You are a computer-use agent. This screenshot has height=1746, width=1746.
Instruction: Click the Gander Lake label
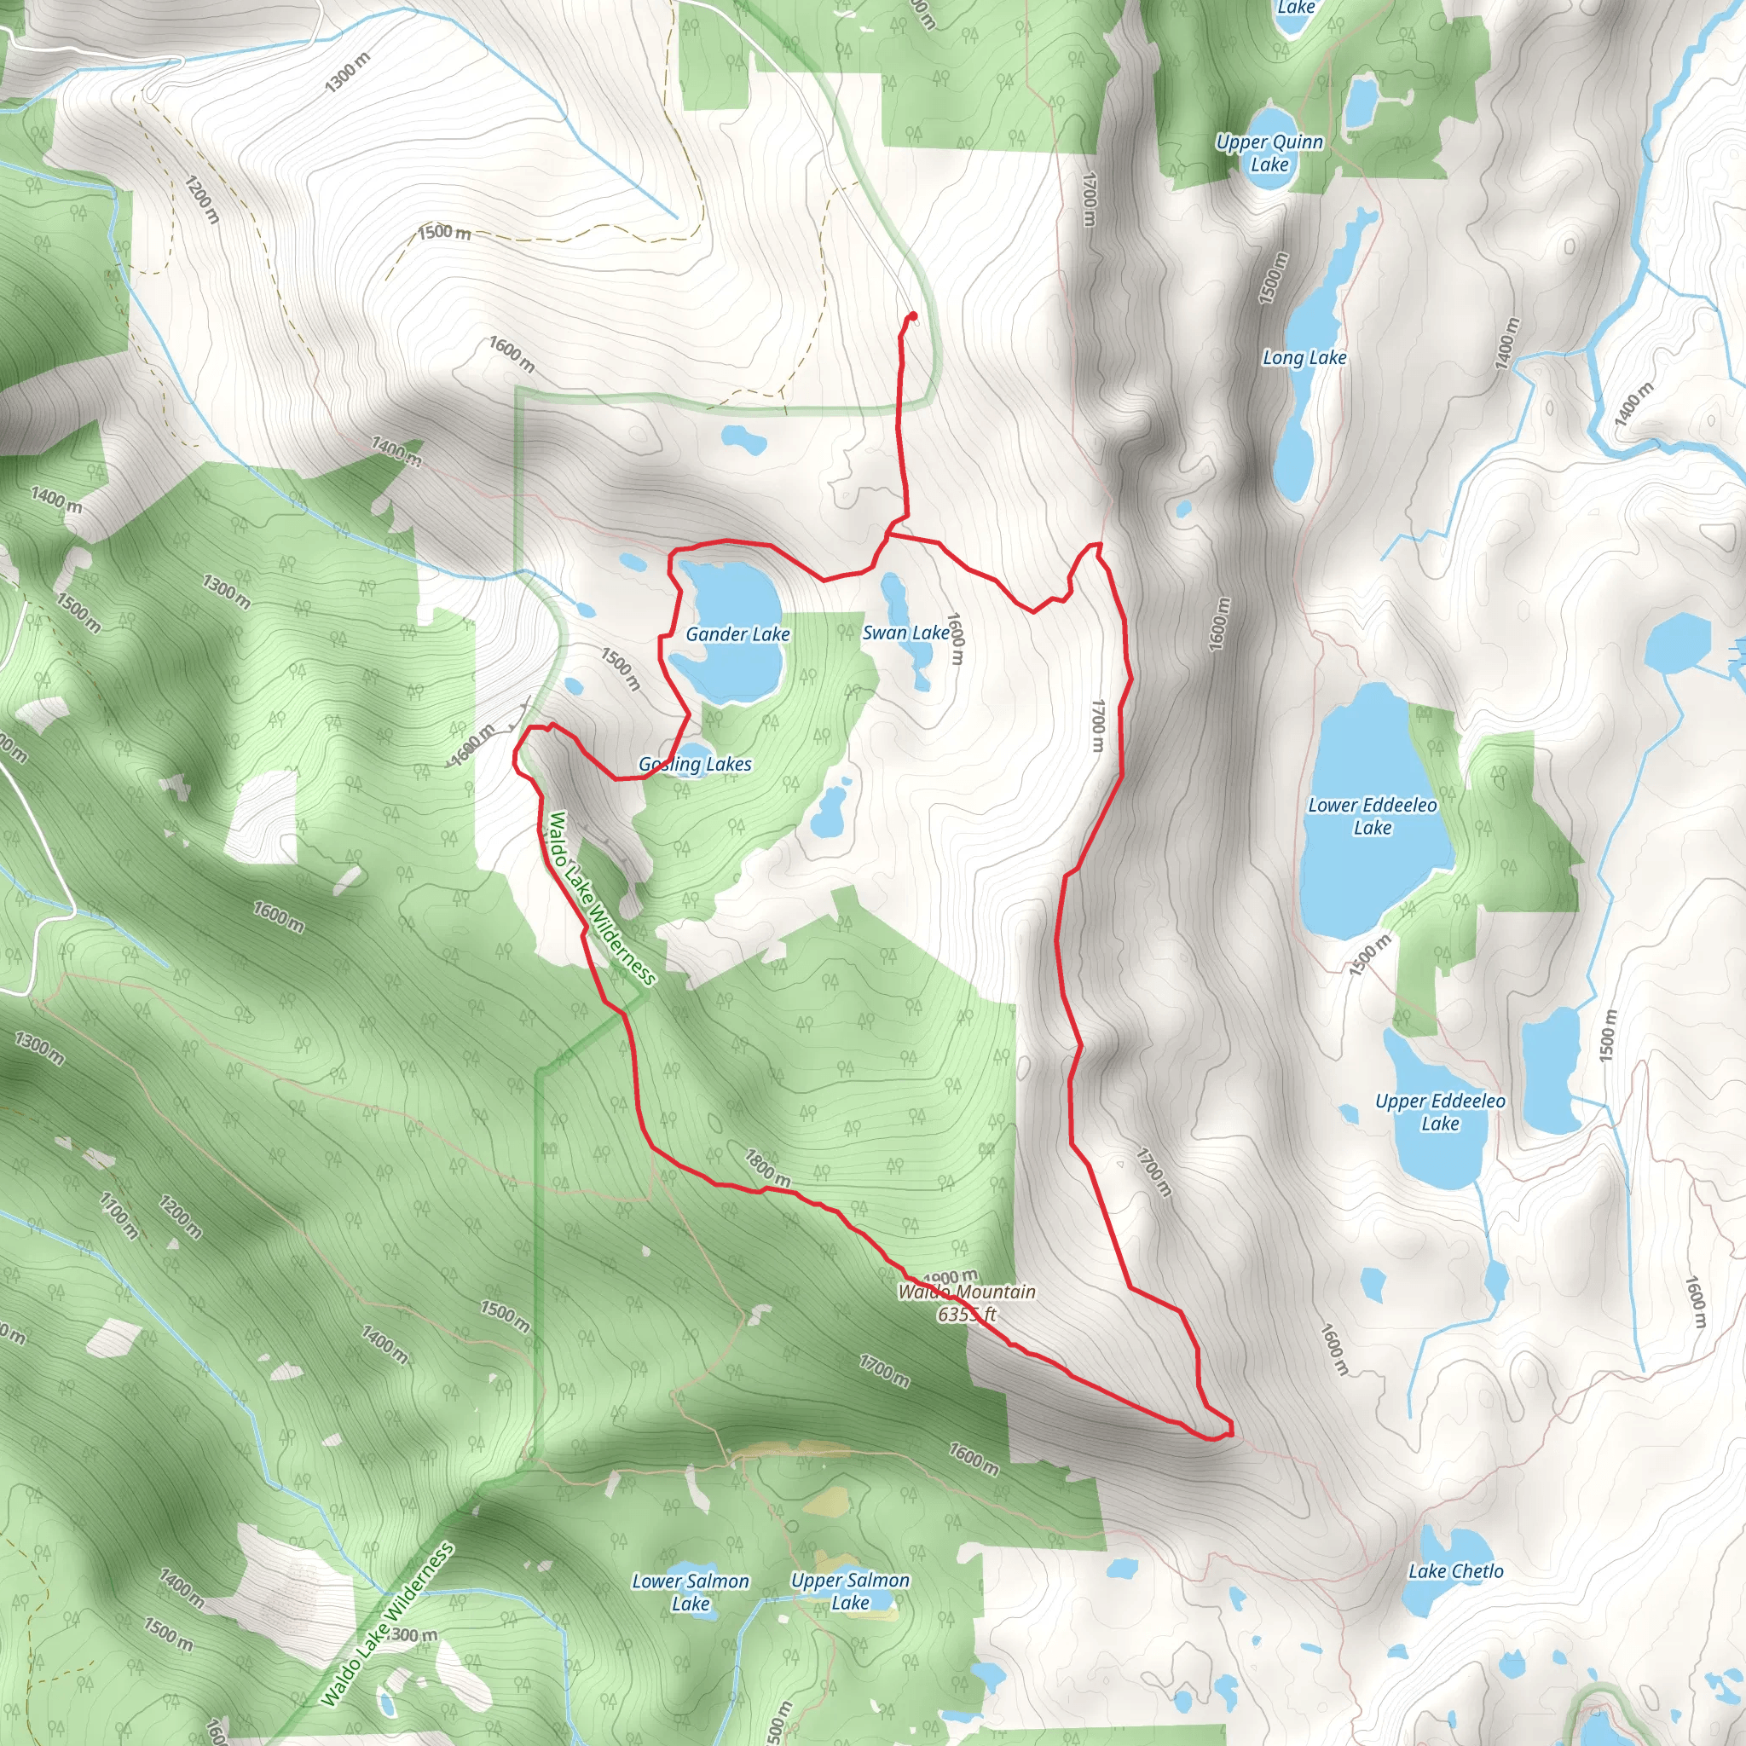[737, 634]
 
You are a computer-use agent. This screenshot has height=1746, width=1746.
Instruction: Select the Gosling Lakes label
[695, 765]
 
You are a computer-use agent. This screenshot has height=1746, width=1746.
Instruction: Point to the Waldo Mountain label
[966, 1292]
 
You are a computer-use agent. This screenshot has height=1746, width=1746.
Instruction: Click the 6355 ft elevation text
[966, 1314]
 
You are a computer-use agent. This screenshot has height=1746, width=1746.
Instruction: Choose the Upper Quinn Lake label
[1269, 153]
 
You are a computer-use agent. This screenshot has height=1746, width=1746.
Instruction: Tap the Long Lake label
[1304, 358]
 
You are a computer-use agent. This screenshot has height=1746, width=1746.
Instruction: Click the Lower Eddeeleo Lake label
[1372, 816]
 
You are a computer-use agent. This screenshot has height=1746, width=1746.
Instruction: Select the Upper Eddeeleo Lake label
[1440, 1113]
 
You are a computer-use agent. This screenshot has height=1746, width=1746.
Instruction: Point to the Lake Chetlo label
[1456, 1571]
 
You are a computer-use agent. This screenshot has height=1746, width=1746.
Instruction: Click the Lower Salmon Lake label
[691, 1593]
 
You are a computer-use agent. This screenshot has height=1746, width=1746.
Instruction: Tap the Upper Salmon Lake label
[849, 1592]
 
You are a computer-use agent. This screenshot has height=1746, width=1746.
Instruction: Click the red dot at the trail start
[913, 316]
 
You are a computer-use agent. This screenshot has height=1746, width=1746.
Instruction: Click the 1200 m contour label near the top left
[201, 199]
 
